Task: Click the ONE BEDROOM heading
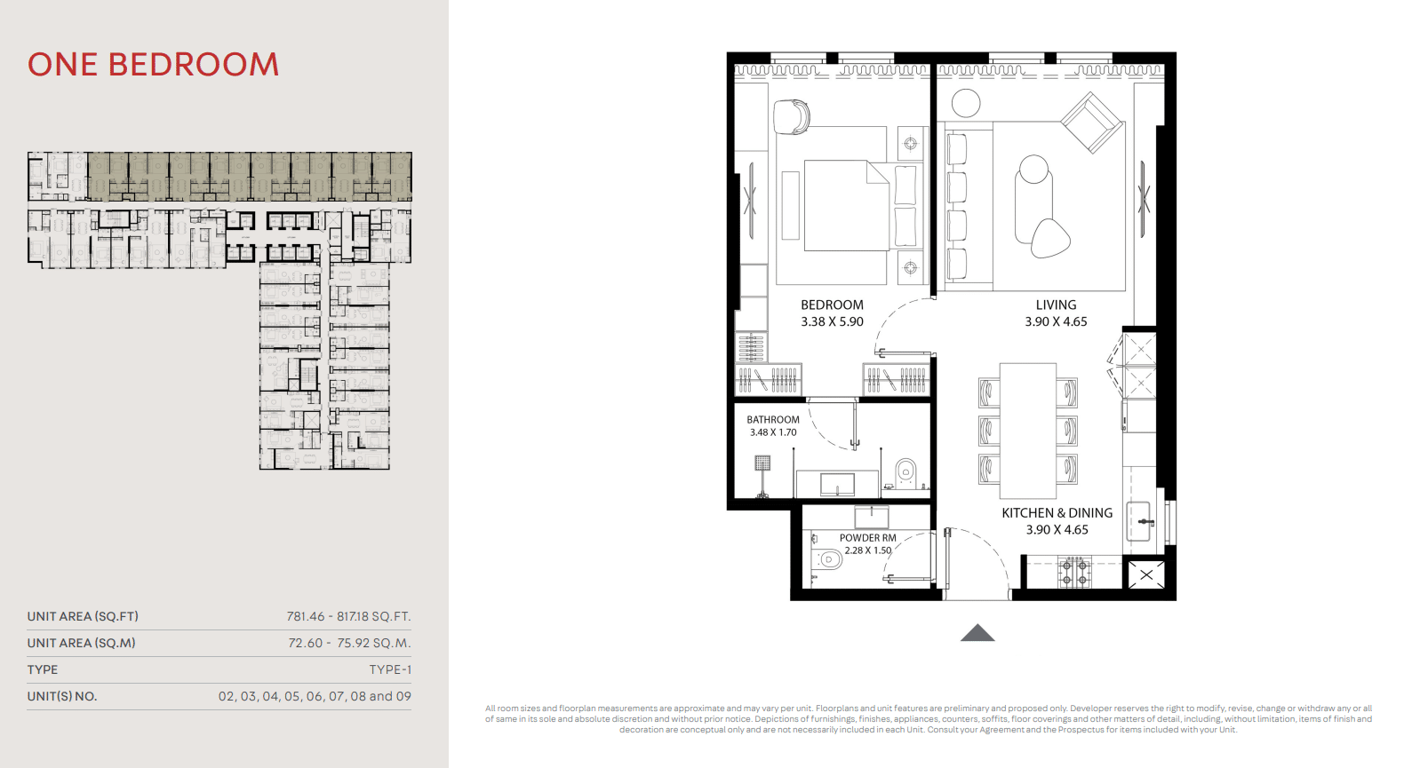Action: (153, 65)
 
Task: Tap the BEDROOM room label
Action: (832, 305)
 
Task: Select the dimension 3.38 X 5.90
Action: (832, 322)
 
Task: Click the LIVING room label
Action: (1056, 305)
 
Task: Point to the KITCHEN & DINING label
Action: (1057, 513)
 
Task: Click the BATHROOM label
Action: (773, 420)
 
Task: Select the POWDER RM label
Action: (867, 538)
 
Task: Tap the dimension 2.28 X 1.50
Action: (867, 550)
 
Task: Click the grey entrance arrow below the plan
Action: (977, 633)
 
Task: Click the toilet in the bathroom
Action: (905, 473)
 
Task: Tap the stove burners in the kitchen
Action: (1074, 572)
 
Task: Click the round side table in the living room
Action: (965, 103)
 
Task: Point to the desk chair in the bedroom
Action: (791, 116)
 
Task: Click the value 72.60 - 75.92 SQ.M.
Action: (349, 644)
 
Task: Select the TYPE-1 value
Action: (390, 669)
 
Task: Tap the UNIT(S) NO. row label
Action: (62, 697)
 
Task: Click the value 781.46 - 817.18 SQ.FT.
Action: (348, 616)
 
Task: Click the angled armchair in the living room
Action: (1091, 123)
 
